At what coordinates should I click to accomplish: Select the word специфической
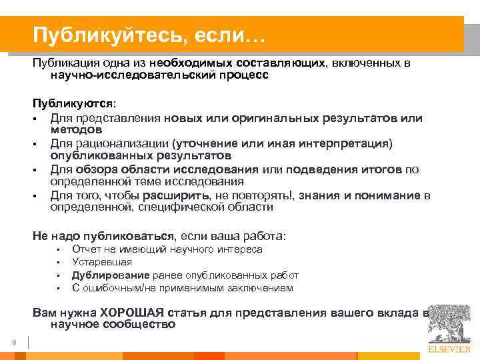pyautogui.click(x=165, y=207)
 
